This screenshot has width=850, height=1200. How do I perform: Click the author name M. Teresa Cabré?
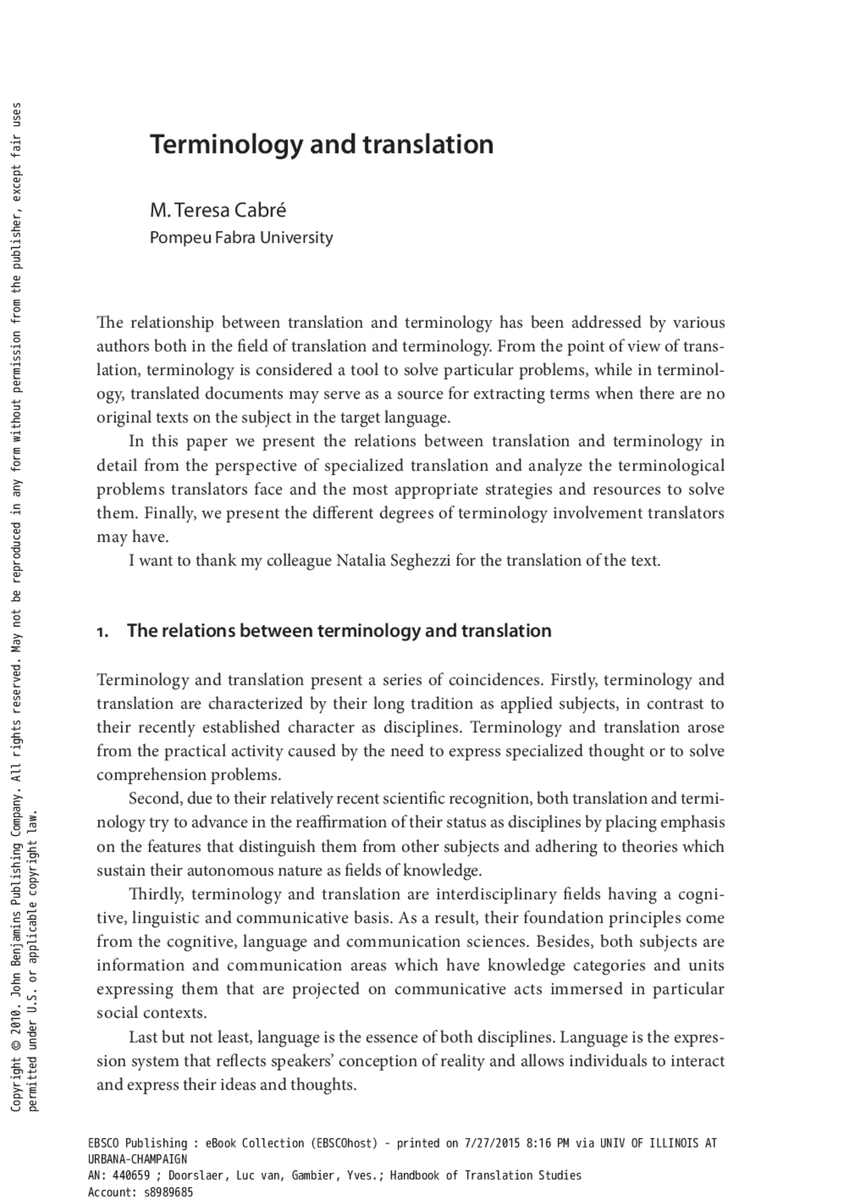pos(218,211)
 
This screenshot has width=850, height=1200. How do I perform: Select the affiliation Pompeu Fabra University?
pos(241,238)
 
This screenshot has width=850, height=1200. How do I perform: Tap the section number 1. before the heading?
pos(102,632)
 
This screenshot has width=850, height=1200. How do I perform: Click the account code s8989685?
pos(168,1192)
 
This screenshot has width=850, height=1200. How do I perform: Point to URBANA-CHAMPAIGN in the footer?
pos(137,1159)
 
